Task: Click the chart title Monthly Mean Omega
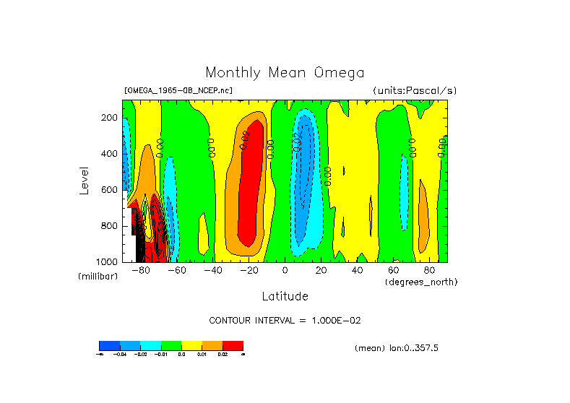[x=285, y=73]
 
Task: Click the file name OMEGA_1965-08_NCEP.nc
[x=178, y=91]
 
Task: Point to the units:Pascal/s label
[x=415, y=91]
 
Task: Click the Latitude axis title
[x=285, y=296]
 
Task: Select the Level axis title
[x=85, y=181]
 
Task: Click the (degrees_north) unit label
[x=420, y=282]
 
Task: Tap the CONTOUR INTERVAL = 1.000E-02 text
[x=285, y=321]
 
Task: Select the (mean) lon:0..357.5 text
[x=397, y=348]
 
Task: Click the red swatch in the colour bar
[x=233, y=345]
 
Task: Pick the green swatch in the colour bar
[x=170, y=345]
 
